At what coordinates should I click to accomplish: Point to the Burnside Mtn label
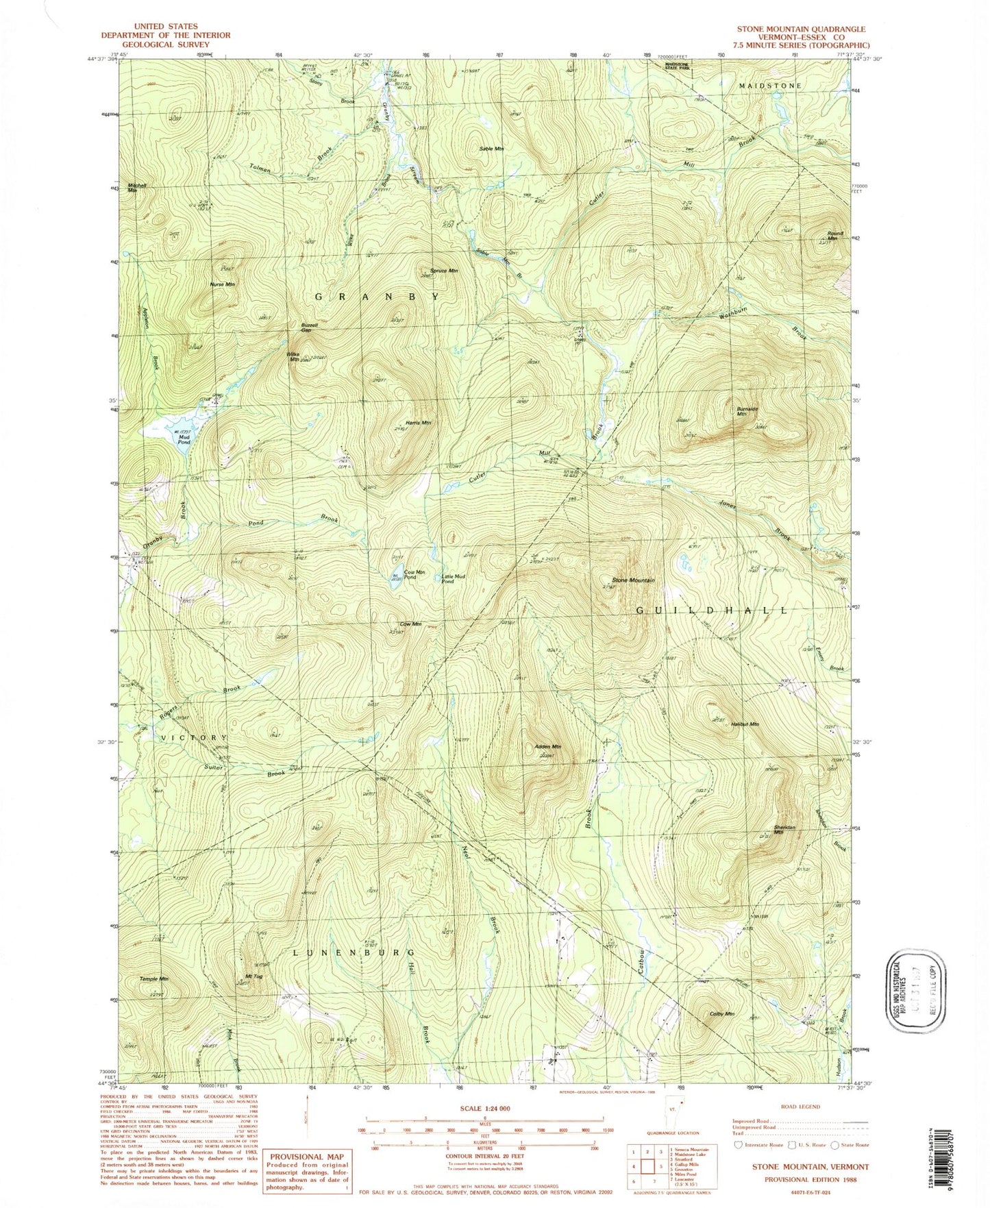point(746,411)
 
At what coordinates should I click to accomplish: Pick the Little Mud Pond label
point(454,578)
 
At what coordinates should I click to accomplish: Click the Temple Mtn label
point(154,979)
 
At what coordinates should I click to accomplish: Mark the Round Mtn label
point(834,236)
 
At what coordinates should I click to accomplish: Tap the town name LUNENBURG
point(354,952)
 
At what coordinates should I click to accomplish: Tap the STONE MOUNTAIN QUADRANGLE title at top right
point(800,29)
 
